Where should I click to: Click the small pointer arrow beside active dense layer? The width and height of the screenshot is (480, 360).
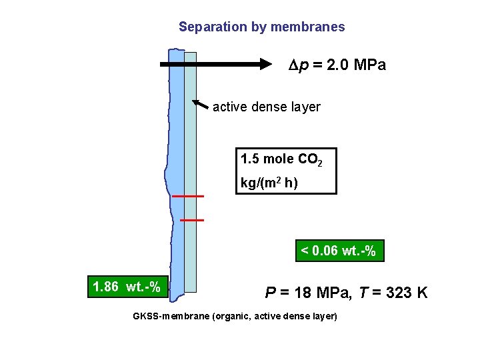[199, 104]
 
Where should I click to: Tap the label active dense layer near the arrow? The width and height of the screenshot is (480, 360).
[267, 107]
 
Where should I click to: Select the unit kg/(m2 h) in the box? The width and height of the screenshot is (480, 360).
[269, 182]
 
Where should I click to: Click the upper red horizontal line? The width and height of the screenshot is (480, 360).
[187, 197]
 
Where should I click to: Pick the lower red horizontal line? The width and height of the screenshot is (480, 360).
[192, 219]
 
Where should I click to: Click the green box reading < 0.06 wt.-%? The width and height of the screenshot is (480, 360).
[339, 251]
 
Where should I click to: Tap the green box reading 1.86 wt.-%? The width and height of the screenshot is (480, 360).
[127, 287]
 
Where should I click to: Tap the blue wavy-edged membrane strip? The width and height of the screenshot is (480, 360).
[177, 167]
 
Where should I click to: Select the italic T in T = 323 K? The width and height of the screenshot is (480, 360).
[362, 292]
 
